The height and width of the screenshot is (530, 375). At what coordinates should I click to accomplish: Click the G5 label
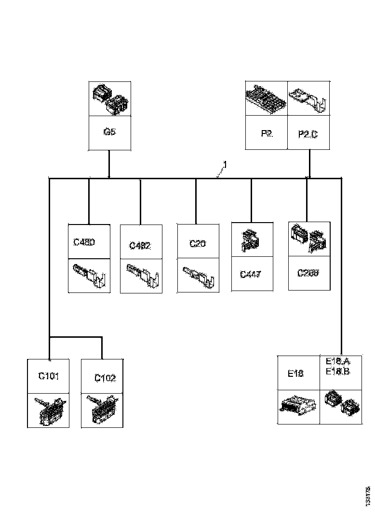coord(109,132)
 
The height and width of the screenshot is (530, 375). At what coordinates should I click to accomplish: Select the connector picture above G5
coord(109,98)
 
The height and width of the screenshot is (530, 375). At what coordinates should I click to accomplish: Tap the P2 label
coord(267,133)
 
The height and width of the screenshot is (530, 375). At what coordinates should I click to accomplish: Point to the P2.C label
coord(308,134)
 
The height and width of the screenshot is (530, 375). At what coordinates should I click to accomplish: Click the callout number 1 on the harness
coord(225,165)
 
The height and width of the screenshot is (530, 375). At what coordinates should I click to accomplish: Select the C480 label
coord(84,242)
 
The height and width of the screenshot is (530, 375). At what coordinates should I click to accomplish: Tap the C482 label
coord(140,245)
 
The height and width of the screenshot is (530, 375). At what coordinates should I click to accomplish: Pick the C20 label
coord(198,244)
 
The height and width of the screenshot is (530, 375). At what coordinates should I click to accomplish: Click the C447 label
coord(251,275)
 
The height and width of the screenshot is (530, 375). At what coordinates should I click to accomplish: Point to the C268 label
coord(308,273)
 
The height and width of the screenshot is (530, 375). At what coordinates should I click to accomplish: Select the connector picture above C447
coord(251,239)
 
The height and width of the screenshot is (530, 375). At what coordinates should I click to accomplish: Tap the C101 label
coord(48,376)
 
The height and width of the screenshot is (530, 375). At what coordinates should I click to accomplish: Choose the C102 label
coord(105,378)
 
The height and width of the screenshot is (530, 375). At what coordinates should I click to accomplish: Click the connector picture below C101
coord(48,411)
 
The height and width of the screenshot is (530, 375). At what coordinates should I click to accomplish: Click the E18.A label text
coord(338,362)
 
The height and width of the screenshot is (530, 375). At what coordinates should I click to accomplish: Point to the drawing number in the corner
coord(368,496)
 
